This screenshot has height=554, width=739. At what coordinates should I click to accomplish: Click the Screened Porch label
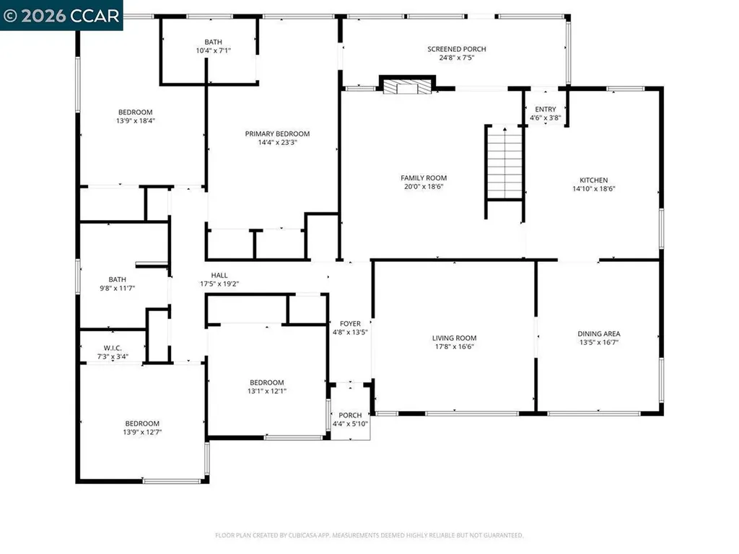pos(456,49)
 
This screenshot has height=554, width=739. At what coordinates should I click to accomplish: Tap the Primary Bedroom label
pos(277,133)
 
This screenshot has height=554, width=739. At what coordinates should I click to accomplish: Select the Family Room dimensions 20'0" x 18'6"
pos(423,187)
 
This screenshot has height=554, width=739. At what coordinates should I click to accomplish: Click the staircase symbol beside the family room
pos(504,162)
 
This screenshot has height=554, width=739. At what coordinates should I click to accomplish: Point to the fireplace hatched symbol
pos(407,87)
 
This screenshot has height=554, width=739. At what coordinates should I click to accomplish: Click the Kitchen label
pos(593,180)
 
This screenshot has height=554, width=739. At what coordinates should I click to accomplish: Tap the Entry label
pos(546,110)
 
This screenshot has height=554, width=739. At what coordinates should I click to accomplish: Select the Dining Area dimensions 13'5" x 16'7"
pos(598,343)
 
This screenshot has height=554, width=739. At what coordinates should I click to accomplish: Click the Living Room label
pos(455,338)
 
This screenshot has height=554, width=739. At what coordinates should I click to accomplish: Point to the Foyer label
pos(350,324)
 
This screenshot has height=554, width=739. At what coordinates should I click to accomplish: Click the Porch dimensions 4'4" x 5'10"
pos(350,424)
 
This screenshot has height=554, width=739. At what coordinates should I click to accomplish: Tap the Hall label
pos(219,275)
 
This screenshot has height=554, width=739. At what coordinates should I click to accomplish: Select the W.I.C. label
pos(113,348)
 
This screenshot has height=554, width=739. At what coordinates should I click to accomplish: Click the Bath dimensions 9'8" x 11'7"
pos(118,289)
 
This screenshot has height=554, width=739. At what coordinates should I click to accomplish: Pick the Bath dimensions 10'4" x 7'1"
pos(214,50)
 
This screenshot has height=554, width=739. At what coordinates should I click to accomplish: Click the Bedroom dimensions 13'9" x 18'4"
pos(136,120)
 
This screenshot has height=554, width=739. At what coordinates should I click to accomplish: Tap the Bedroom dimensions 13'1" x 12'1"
pos(267,391)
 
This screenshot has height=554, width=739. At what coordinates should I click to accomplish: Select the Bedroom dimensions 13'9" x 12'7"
pos(142,432)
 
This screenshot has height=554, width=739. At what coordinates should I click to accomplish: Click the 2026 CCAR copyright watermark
pos(61,16)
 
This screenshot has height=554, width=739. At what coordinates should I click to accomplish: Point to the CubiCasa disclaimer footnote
pos(369,535)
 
